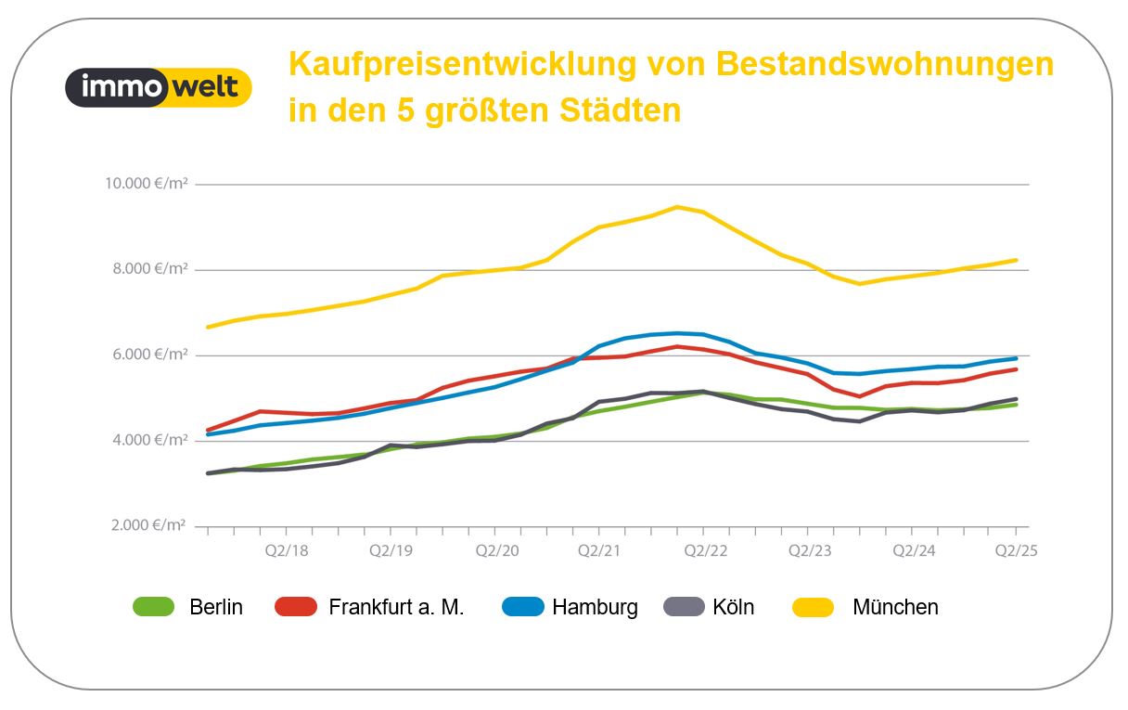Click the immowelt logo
tap(159, 87)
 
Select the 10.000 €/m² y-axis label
tap(146, 184)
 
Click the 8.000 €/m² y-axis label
tap(148, 269)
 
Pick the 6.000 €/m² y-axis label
tap(148, 355)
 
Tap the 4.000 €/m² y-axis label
tap(148, 440)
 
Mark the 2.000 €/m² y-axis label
tap(148, 525)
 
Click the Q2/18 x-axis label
tap(286, 550)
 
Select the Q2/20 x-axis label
tap(497, 550)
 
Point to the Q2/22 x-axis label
tap(706, 550)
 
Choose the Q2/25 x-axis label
tap(1016, 550)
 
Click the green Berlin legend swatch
tap(154, 607)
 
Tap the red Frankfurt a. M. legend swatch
tap(296, 607)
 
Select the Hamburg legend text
tap(595, 607)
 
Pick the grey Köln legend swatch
tap(685, 607)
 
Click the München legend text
tap(895, 607)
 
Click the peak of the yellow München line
tap(677, 206)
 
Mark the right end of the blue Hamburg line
tap(1017, 358)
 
